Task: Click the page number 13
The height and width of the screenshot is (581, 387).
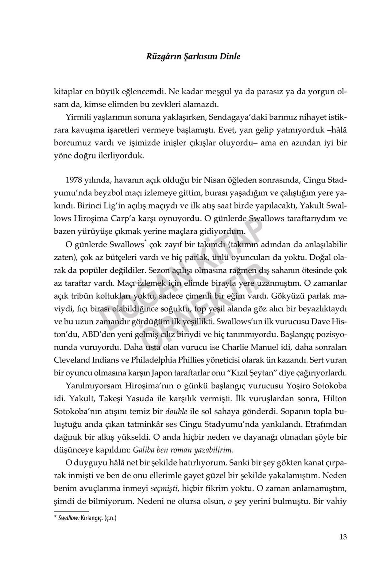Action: [343, 537]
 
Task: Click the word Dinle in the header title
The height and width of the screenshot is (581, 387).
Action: [230, 56]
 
